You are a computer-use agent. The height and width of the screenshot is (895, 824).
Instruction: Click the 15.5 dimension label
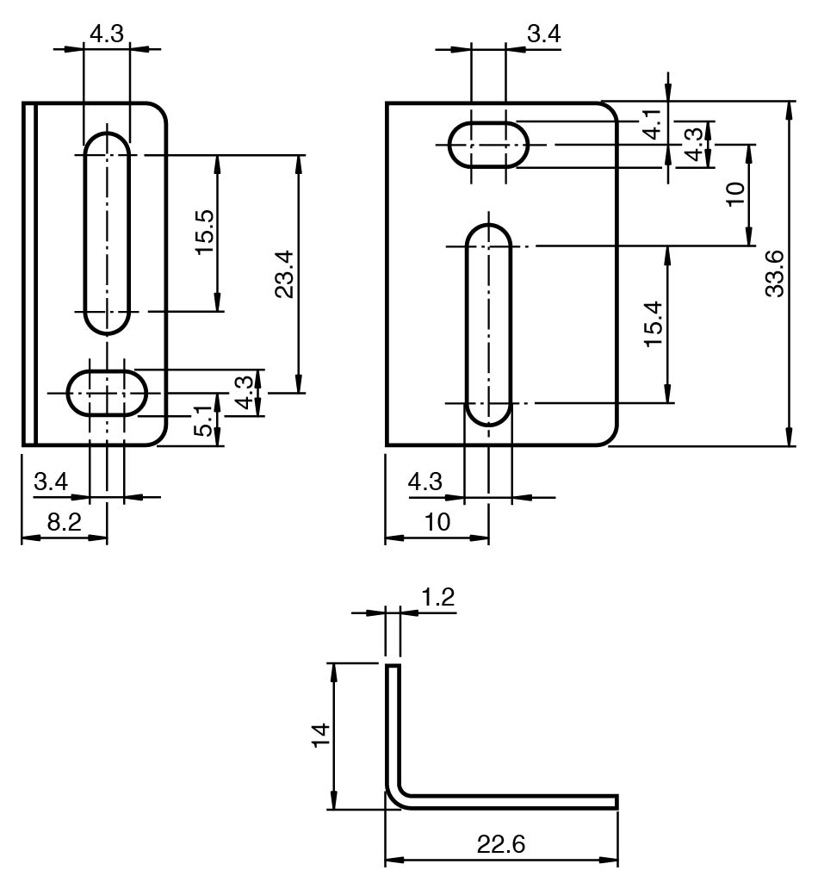(204, 233)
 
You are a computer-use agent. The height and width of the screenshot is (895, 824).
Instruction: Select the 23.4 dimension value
(284, 274)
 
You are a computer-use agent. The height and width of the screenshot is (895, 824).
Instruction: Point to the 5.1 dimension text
(203, 421)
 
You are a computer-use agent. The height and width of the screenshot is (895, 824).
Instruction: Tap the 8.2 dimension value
(65, 522)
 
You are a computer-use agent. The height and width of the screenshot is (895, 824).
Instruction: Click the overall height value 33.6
(775, 273)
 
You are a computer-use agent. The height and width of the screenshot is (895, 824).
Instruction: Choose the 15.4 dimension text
(654, 324)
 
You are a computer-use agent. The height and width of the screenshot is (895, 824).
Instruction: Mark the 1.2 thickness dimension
(437, 597)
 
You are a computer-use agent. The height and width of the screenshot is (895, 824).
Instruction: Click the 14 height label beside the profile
(320, 735)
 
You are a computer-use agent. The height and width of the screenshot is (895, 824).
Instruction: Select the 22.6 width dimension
(501, 844)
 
